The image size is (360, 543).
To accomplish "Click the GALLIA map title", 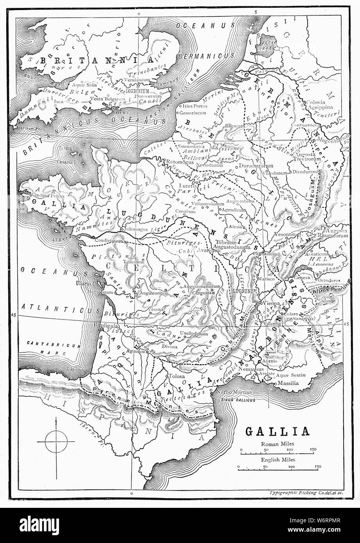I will coord(277,431).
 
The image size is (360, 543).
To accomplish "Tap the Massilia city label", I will coord(288,384).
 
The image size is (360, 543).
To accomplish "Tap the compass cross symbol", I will coord(56,441).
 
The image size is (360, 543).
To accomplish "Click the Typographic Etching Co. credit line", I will coord(306,493).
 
